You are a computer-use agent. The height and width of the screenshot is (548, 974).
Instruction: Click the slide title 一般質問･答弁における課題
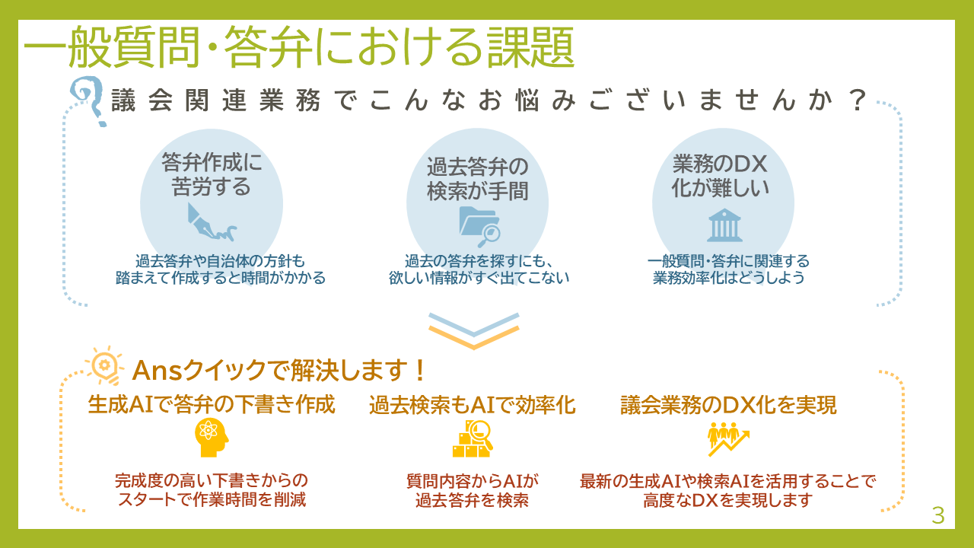pyautogui.click(x=299, y=47)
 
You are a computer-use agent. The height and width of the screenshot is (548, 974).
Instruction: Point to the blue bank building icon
pyautogui.click(x=724, y=225)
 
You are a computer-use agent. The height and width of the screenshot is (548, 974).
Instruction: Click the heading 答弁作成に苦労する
pyautogui.click(x=212, y=174)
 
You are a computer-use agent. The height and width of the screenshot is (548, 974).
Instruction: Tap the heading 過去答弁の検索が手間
pyautogui.click(x=477, y=179)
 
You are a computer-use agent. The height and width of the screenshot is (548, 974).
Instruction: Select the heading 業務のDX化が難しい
pyautogui.click(x=720, y=176)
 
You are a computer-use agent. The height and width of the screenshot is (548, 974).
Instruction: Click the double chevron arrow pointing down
pyautogui.click(x=473, y=331)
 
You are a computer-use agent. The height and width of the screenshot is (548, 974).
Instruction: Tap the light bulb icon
pyautogui.click(x=104, y=366)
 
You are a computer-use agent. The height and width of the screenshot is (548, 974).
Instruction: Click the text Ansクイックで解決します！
pyautogui.click(x=279, y=371)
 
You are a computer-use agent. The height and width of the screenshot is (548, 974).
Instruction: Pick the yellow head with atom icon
pyautogui.click(x=212, y=438)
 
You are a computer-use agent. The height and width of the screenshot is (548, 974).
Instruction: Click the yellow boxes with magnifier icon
pyautogui.click(x=473, y=438)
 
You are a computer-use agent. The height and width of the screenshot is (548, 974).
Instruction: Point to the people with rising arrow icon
pyautogui.click(x=728, y=439)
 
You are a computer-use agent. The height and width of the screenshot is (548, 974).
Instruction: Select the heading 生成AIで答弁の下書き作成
pyautogui.click(x=212, y=404)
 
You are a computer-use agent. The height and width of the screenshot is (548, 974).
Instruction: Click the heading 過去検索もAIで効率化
pyautogui.click(x=473, y=405)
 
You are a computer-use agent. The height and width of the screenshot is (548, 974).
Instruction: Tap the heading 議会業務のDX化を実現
pyautogui.click(x=728, y=405)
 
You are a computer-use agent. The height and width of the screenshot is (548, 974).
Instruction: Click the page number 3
pyautogui.click(x=938, y=516)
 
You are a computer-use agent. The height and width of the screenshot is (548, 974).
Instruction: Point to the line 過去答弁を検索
pyautogui.click(x=473, y=501)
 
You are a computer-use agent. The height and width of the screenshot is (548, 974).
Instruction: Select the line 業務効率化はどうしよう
pyautogui.click(x=729, y=278)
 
